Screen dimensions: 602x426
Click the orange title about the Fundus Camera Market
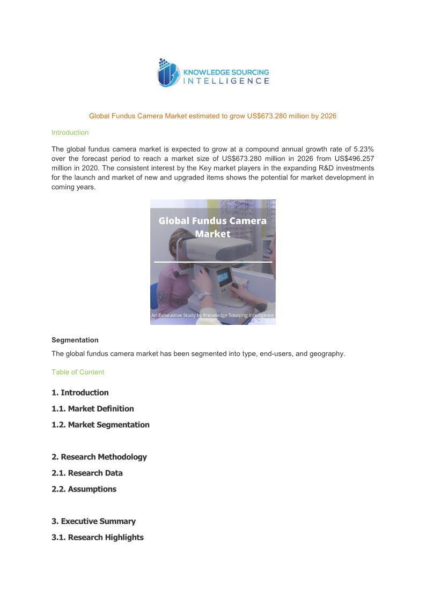pyautogui.click(x=212, y=116)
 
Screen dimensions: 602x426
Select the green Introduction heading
pyautogui.click(x=70, y=132)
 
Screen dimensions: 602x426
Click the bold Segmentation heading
pyautogui.click(x=75, y=340)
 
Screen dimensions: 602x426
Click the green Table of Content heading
pyautogui.click(x=78, y=372)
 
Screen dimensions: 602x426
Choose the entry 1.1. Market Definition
pyautogui.click(x=92, y=408)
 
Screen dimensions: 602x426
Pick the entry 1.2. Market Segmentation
pyautogui.click(x=100, y=425)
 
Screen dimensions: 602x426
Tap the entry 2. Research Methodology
pyautogui.click(x=99, y=457)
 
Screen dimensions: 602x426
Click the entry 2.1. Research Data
pyautogui.click(x=87, y=473)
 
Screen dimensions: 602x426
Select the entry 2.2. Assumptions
pyautogui.click(x=84, y=489)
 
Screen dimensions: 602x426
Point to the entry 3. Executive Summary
pyautogui.click(x=93, y=521)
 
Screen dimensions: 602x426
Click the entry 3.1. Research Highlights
pyautogui.click(x=97, y=537)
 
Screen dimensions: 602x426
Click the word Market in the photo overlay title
pyautogui.click(x=212, y=234)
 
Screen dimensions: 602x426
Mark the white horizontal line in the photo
pyautogui.click(x=212, y=262)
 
